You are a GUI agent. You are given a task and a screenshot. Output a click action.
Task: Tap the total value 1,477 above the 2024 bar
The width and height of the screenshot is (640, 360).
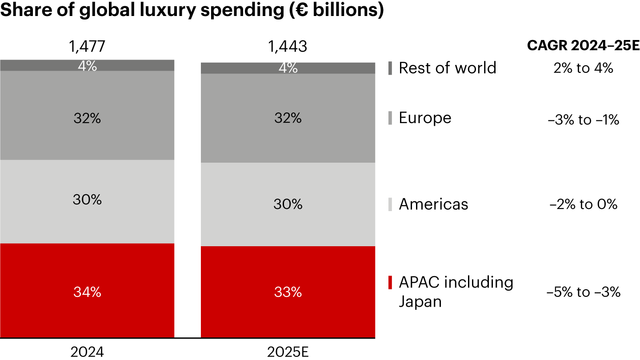click(87, 46)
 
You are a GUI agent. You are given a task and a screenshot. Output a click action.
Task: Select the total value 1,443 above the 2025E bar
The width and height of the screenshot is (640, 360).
click(288, 46)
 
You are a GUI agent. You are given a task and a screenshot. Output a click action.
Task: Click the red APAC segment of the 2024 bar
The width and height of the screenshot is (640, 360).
click(87, 291)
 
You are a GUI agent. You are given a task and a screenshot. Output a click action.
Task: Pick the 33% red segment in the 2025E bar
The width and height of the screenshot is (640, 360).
click(288, 292)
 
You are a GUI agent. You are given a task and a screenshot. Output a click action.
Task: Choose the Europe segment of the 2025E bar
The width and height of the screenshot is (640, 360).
click(288, 118)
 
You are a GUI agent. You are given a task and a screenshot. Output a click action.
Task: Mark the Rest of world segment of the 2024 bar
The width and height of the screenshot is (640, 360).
click(87, 65)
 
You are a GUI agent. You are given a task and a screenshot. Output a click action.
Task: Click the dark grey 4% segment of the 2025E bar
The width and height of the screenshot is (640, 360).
click(288, 68)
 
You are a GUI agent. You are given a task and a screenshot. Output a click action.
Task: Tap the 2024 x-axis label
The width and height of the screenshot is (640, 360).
click(87, 352)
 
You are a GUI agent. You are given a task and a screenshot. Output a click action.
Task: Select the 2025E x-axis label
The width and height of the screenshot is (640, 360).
click(288, 352)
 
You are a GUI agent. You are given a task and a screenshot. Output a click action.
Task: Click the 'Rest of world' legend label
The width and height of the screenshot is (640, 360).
click(447, 68)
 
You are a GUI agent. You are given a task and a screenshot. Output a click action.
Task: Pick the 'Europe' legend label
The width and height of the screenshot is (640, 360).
click(425, 118)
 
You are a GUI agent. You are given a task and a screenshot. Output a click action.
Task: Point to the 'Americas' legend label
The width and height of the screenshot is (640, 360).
click(433, 204)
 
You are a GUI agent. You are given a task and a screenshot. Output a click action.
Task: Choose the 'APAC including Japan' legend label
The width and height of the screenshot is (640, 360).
click(456, 292)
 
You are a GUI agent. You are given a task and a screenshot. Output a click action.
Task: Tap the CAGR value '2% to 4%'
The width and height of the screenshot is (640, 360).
click(583, 68)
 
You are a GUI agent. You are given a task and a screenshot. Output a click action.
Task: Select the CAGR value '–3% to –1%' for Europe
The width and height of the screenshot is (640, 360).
click(583, 120)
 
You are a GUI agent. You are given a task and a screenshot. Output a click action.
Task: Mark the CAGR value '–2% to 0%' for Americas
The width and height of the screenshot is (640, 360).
click(583, 204)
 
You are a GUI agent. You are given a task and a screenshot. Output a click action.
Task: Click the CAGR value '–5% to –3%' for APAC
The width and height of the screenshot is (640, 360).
click(583, 292)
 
